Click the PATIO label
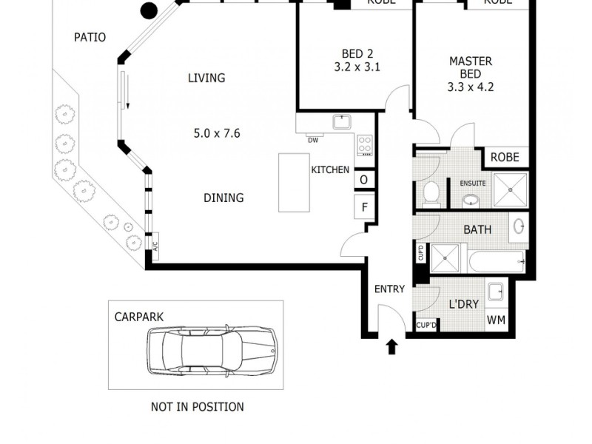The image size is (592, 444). coord(90,37)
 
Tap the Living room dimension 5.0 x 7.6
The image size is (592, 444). coord(217,134)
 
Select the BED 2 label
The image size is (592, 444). coord(351,53)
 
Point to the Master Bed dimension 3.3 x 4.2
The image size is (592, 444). coord(470,87)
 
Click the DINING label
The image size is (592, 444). coord(223,198)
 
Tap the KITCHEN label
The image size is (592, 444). coord(330,169)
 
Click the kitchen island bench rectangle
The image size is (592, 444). coord(294,182)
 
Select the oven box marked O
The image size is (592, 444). coord(364,180)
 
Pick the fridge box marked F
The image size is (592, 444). coord(364,207)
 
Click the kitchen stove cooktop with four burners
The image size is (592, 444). coord(365,144)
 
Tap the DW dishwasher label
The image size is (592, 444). coord(313,140)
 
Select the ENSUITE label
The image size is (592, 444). coord(472,183)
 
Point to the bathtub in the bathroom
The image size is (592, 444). coord(495,260)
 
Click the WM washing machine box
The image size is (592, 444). coord(496,321)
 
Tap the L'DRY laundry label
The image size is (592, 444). coord(463,303)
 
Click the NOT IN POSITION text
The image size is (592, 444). coord(197,406)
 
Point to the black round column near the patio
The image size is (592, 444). coord(149,10)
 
